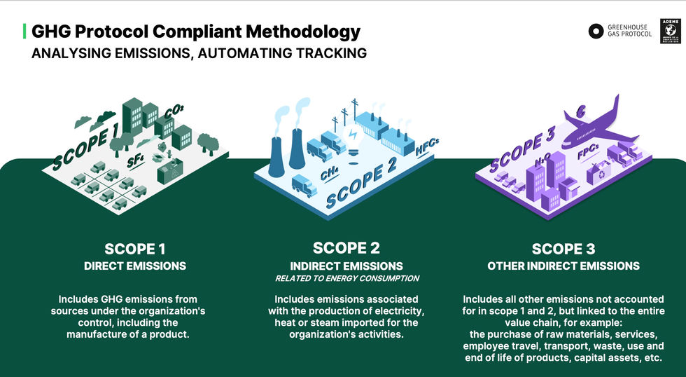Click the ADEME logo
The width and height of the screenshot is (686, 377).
click(671, 31)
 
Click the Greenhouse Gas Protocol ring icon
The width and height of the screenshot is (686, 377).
click(596, 31)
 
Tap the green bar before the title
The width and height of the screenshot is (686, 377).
click(25, 31)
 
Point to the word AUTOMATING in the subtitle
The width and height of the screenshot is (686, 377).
click(239, 53)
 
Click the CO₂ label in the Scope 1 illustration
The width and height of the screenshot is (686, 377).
click(174, 111)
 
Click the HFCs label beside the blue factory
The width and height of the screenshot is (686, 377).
click(427, 149)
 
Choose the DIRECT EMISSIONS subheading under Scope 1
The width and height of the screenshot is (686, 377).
click(135, 266)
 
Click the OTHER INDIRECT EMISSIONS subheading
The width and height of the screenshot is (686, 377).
click(563, 266)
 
